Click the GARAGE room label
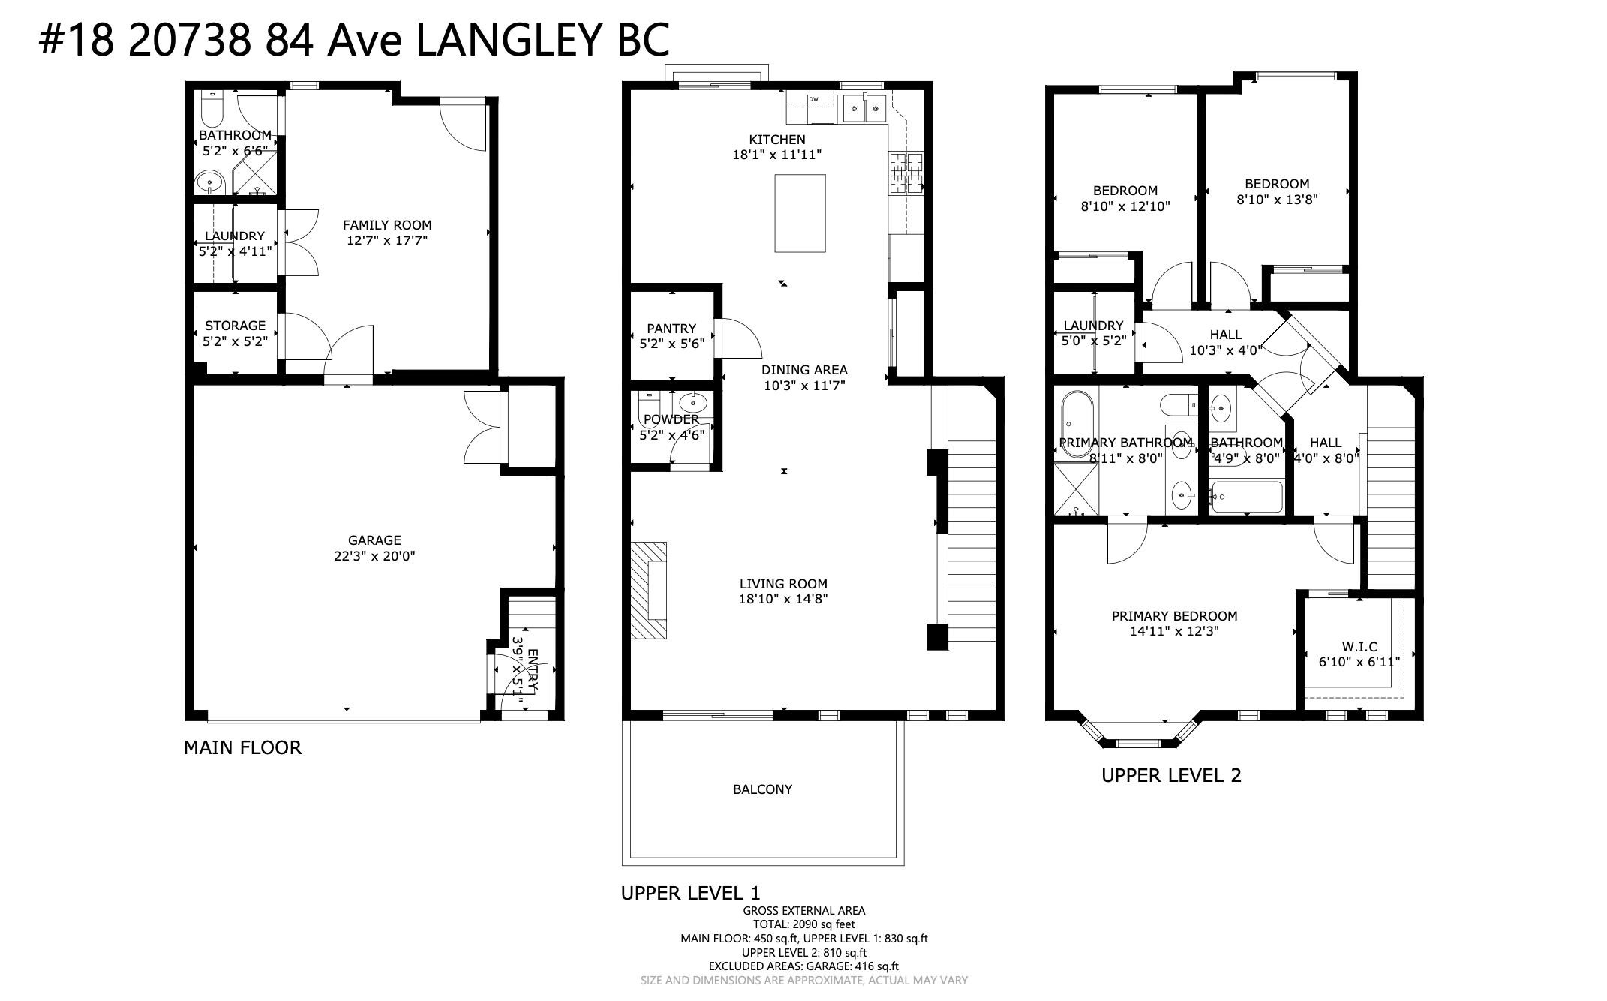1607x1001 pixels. pos(374,540)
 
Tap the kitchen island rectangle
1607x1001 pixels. pos(800,214)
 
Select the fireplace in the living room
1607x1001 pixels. pos(648,590)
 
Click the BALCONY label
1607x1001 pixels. pos(762,789)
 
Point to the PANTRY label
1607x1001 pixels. pos(671,329)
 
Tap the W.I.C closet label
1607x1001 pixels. pos(1359,647)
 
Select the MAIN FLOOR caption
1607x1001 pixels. pos(242,747)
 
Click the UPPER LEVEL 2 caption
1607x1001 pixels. pos(1171,775)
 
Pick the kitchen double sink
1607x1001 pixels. pos(865,108)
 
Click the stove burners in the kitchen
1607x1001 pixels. pos(907,173)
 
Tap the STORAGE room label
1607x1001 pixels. pos(235,326)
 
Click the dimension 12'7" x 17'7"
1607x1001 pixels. pos(387,241)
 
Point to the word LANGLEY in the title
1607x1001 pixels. pos(508,40)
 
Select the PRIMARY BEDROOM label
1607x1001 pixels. pos(1174,616)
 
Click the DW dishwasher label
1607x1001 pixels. pos(813,99)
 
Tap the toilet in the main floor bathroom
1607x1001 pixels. pos(211,110)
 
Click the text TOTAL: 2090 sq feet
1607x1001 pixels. pos(803,924)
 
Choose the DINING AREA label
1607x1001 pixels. pos(804,370)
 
